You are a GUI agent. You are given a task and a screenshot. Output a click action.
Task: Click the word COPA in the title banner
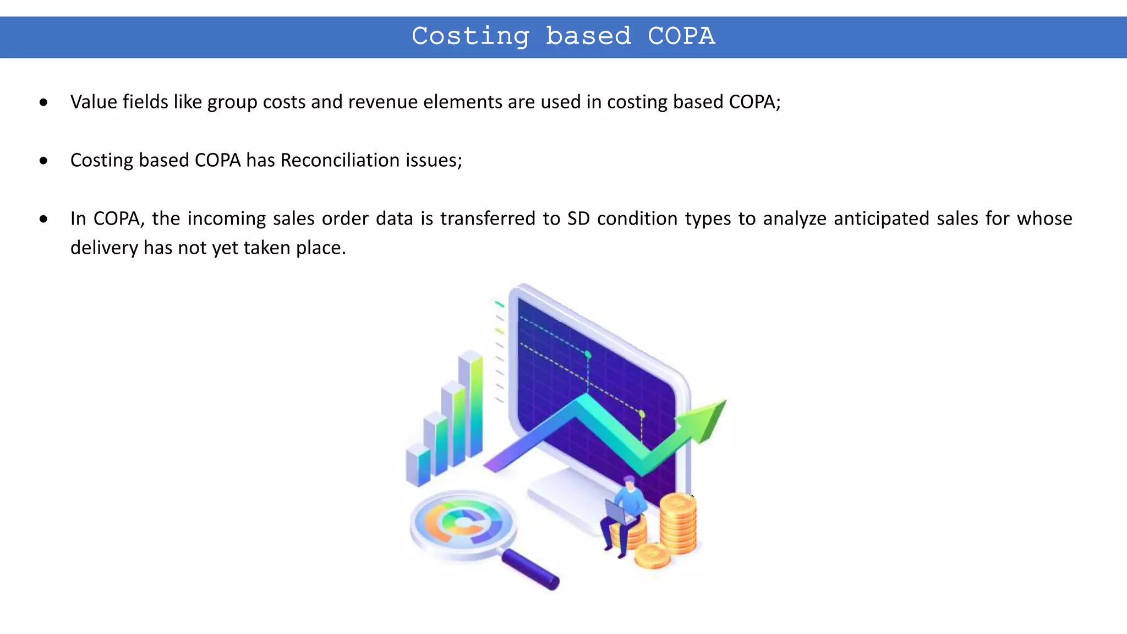[681, 36]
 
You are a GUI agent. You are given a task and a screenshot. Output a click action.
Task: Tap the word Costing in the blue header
[471, 36]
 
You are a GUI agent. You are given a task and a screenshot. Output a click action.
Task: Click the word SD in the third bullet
[578, 218]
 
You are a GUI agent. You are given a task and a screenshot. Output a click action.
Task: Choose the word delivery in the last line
[104, 248]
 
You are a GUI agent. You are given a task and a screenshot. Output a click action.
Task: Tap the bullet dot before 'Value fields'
[43, 102]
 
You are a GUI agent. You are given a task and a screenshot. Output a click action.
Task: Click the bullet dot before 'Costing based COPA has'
[43, 161]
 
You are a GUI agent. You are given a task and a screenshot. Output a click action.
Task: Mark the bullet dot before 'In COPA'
[43, 219]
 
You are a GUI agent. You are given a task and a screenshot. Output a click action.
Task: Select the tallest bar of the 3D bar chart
[471, 405]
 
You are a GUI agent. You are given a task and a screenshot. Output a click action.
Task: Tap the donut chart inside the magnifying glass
[463, 523]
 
